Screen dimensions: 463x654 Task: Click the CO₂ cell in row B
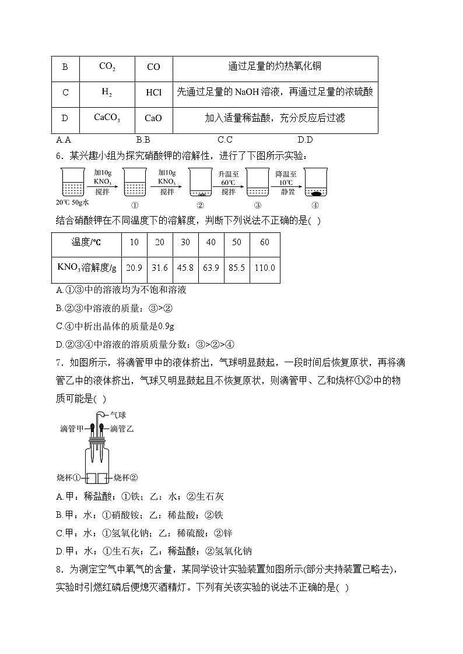click(107, 67)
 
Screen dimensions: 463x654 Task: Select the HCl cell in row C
click(153, 92)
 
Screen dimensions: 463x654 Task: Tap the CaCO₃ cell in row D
click(107, 118)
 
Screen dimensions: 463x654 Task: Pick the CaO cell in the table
click(153, 118)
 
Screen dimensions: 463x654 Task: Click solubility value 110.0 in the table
click(265, 268)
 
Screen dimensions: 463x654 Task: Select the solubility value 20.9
click(134, 268)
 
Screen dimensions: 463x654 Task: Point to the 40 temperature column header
click(211, 242)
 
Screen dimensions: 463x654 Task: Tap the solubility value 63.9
click(211, 268)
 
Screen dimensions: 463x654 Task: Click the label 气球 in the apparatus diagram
click(118, 415)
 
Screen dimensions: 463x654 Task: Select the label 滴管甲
click(72, 429)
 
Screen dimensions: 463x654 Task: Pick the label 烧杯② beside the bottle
click(125, 478)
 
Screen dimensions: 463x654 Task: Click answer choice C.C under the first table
click(225, 140)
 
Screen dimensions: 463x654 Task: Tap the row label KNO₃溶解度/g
click(86, 268)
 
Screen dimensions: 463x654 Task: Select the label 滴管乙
click(122, 429)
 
